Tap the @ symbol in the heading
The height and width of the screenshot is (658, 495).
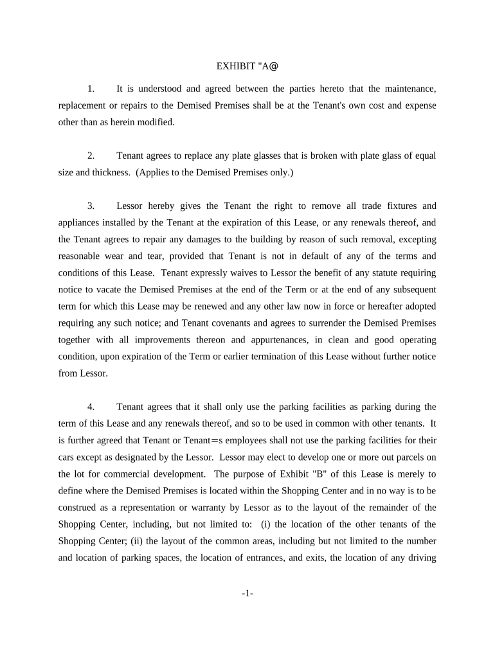click(x=274, y=66)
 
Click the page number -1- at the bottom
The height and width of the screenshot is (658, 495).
click(x=248, y=594)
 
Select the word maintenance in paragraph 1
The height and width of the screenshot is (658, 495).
click(x=411, y=89)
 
